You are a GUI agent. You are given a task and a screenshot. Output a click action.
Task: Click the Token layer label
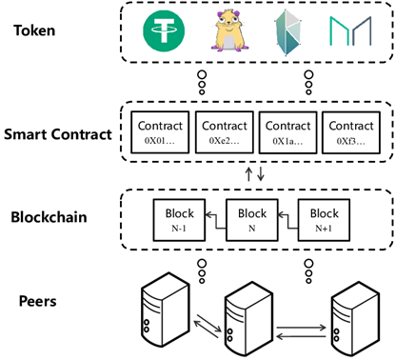(35, 30)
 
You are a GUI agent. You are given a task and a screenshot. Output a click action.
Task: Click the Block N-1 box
(178, 219)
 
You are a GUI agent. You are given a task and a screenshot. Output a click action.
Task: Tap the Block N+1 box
(325, 219)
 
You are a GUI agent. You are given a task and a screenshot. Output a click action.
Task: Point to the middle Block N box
(251, 219)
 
